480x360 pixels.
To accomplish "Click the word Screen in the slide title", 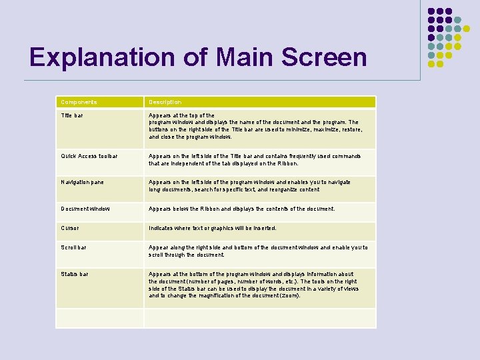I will pyautogui.click(x=324, y=57).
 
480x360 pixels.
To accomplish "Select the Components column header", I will pyautogui.click(x=79, y=102).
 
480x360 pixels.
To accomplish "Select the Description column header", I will pyautogui.click(x=165, y=102).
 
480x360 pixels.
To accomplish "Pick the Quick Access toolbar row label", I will pyautogui.click(x=89, y=156).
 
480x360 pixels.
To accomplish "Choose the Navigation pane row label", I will pyautogui.click(x=82, y=182).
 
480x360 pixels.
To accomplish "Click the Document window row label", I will pyautogui.click(x=85, y=209).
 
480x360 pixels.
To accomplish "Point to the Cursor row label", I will pyautogui.click(x=69, y=228).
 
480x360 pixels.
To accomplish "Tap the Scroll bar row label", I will pyautogui.click(x=73, y=247).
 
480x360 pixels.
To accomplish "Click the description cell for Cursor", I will pyautogui.click(x=212, y=228).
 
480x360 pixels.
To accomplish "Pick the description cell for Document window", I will pyautogui.click(x=241, y=209).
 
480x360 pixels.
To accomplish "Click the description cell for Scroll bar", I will pyautogui.click(x=257, y=251).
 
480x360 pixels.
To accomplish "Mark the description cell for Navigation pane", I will pyautogui.click(x=249, y=185).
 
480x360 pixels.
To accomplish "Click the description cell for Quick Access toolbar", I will pyautogui.click(x=254, y=159).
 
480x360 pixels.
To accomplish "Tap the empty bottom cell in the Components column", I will pyautogui.click(x=100, y=318).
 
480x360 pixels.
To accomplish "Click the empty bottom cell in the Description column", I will pyautogui.click(x=260, y=318).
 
